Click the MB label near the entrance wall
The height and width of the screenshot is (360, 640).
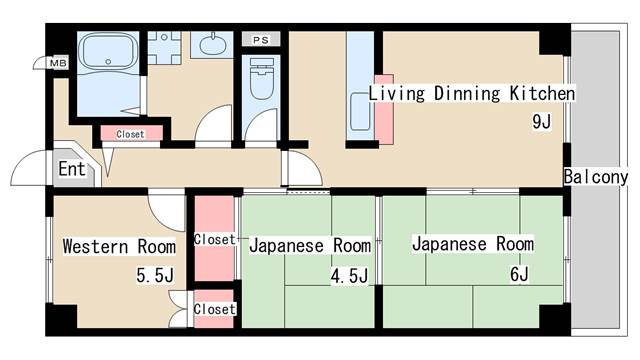click(x=58, y=64)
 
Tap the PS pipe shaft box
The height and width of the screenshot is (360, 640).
click(x=261, y=40)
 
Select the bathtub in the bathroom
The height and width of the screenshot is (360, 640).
click(x=108, y=51)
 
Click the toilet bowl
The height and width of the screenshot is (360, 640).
click(x=261, y=80)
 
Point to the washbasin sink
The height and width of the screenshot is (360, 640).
click(x=212, y=44)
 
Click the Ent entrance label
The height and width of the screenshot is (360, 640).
click(x=72, y=169)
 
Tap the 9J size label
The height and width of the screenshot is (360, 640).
click(x=542, y=122)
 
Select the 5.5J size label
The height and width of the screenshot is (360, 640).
click(x=155, y=276)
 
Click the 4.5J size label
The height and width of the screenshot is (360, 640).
click(x=349, y=276)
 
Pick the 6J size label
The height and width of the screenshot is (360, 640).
click(x=519, y=275)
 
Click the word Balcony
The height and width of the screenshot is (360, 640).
click(x=596, y=177)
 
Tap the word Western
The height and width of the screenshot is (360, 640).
click(x=96, y=247)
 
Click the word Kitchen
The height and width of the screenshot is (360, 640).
click(x=542, y=93)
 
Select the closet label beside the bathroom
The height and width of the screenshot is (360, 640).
click(x=130, y=134)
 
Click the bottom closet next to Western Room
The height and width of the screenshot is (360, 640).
click(x=214, y=309)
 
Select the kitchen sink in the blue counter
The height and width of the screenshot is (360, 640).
click(x=360, y=111)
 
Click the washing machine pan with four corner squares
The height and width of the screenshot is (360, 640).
click(x=164, y=47)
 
